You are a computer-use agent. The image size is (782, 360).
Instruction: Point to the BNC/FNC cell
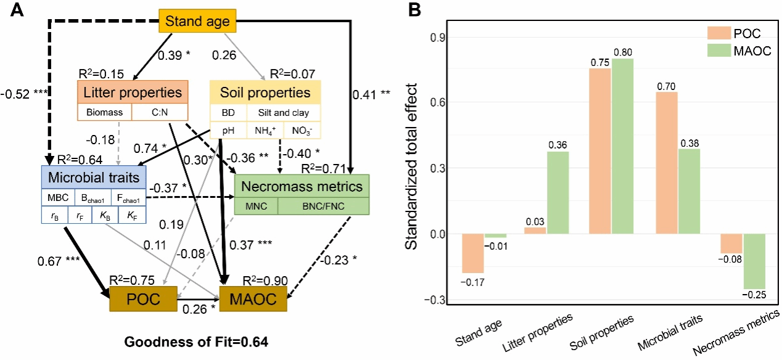tap(323, 206)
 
